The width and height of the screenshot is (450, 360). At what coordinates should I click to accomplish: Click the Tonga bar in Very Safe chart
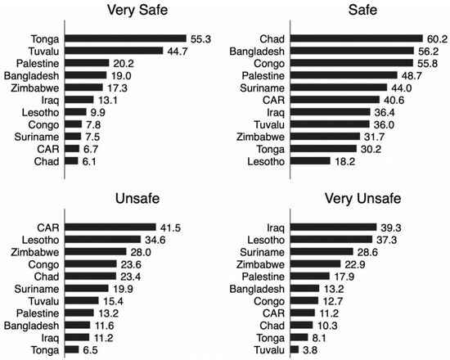(x=126, y=38)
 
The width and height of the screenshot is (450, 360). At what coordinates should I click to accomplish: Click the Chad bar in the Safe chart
(x=351, y=38)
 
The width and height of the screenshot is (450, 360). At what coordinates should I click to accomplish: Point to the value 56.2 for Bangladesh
(x=409, y=51)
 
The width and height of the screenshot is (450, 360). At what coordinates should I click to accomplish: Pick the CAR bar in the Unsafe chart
(x=110, y=227)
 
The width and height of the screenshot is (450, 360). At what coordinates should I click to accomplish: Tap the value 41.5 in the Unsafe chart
(x=171, y=227)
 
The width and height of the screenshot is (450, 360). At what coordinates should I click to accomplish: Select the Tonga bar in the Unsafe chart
(x=72, y=349)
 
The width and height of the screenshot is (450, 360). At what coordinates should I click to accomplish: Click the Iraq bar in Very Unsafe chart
(x=331, y=227)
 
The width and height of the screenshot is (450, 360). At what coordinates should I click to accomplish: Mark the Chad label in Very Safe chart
(x=43, y=161)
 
